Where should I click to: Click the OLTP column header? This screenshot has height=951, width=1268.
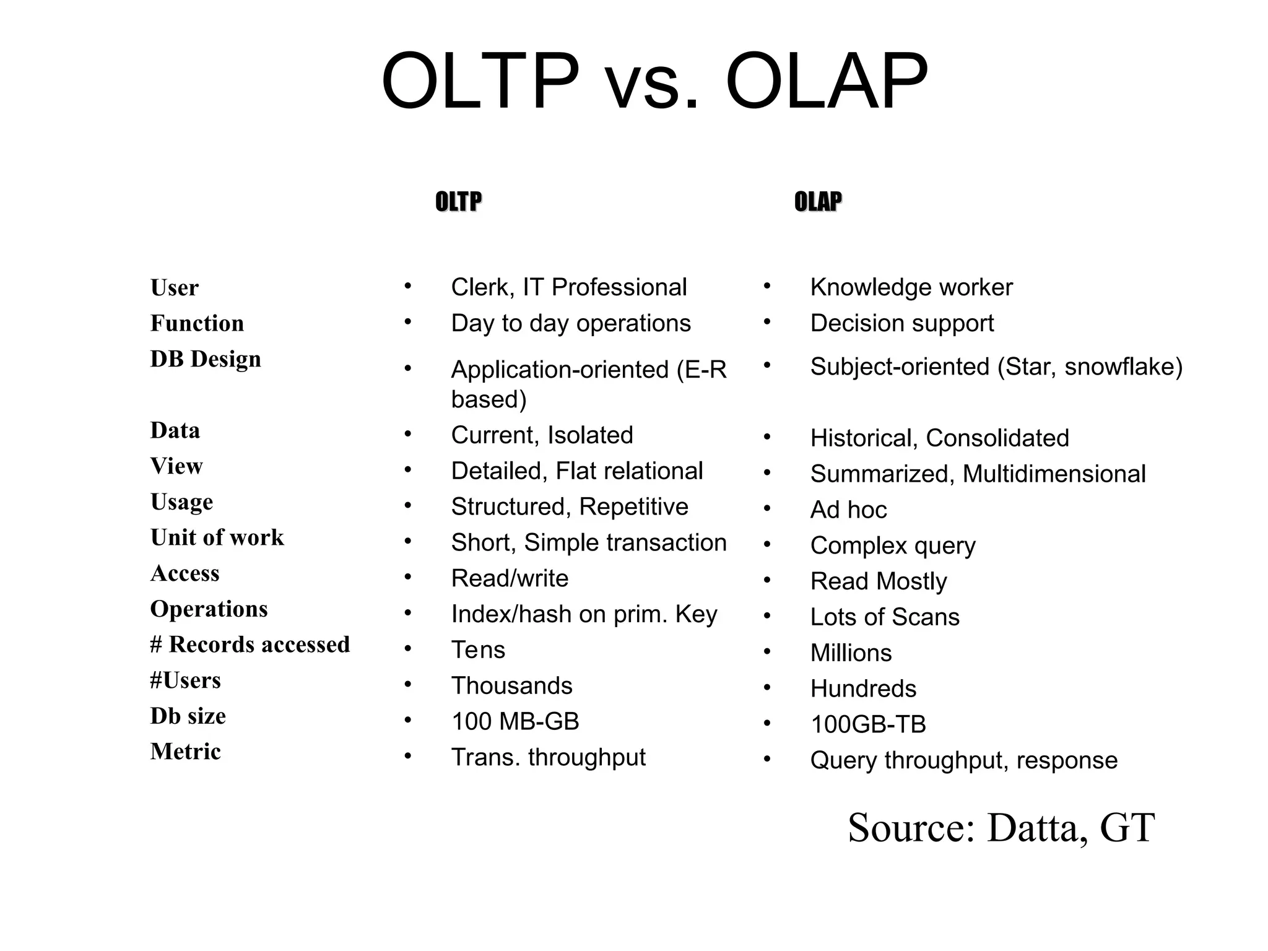(x=458, y=202)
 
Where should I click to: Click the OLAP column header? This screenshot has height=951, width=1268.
(x=817, y=202)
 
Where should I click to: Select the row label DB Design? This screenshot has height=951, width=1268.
(x=206, y=359)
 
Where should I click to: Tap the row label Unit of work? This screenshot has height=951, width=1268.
(x=217, y=537)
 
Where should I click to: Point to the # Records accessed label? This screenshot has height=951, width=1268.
(x=250, y=645)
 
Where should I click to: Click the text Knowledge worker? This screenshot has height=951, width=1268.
(x=911, y=287)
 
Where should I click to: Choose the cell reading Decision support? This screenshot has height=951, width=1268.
(x=901, y=323)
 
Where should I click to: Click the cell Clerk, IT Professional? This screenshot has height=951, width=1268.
(x=568, y=287)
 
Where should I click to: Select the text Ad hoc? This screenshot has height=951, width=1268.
(x=848, y=510)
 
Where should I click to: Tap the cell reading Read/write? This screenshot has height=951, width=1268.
(x=510, y=578)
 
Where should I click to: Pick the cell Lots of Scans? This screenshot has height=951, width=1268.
(x=884, y=617)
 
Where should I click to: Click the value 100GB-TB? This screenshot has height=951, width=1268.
(x=868, y=724)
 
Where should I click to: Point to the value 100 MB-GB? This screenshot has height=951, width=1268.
(x=515, y=721)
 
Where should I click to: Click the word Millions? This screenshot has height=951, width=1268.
(x=851, y=653)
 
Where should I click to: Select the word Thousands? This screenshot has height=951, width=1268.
(x=511, y=686)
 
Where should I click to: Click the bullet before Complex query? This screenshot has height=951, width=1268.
(x=766, y=544)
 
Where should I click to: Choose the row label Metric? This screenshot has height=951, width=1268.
(x=185, y=752)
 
